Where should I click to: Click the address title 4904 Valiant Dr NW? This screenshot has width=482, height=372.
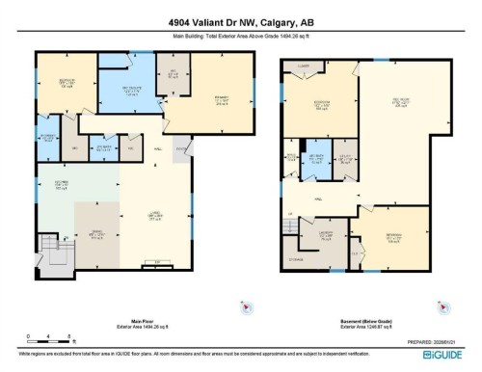tap(240, 13)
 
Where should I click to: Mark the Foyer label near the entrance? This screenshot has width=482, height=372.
tap(181, 148)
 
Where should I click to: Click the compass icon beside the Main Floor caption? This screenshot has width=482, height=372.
tap(247, 306)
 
